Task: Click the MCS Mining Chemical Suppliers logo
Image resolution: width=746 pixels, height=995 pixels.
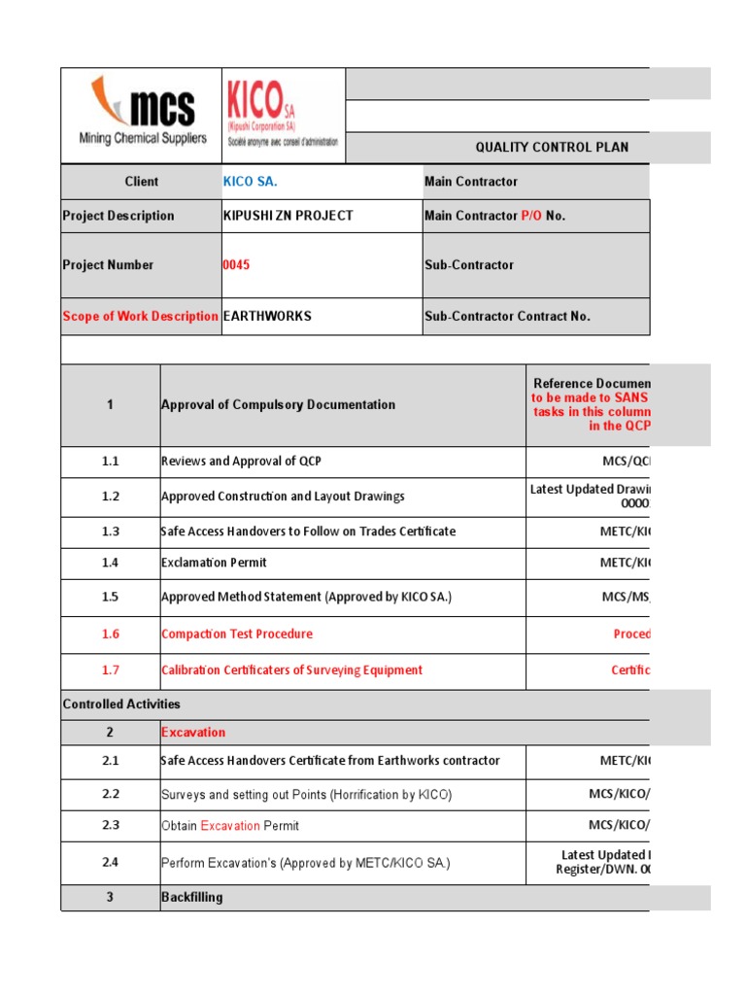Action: tap(142, 115)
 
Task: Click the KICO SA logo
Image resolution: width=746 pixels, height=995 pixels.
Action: tap(282, 115)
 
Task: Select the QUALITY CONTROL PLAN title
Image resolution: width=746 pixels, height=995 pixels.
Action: tap(551, 148)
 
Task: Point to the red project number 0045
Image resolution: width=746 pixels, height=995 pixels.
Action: tap(236, 265)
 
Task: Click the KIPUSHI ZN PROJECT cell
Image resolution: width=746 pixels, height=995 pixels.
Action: tap(288, 216)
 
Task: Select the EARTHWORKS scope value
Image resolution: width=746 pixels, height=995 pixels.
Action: tap(267, 316)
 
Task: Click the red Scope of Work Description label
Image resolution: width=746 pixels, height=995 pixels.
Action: tap(140, 316)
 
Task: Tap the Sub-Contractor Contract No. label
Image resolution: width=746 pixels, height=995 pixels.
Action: tap(507, 316)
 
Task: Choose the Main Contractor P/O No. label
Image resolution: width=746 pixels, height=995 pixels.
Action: tap(494, 216)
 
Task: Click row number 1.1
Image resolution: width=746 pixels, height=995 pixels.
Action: tap(110, 462)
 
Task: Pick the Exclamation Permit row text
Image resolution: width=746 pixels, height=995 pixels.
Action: tap(214, 563)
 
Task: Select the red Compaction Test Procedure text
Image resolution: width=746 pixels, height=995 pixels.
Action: tap(237, 634)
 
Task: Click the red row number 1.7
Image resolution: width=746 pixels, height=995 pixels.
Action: tap(110, 670)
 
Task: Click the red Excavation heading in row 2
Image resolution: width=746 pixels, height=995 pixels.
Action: tap(193, 733)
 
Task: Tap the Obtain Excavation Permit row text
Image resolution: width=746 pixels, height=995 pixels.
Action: tap(230, 826)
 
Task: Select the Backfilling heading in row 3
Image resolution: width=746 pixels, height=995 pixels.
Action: tap(191, 897)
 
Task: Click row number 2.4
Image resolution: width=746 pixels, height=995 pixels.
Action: tap(110, 862)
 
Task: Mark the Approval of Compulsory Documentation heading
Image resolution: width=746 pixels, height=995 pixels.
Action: tap(278, 405)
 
